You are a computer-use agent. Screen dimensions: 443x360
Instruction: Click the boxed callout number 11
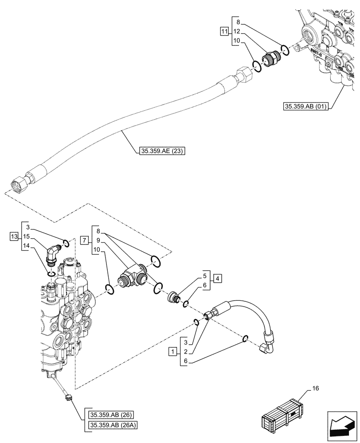224,31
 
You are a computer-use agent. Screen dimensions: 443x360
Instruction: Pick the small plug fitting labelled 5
173,297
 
